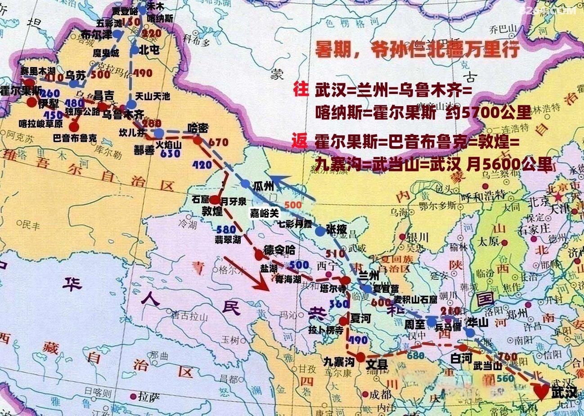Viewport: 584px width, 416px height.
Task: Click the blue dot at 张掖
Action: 319,231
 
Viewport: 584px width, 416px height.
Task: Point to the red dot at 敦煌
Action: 215,200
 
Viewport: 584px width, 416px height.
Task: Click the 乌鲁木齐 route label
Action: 123,114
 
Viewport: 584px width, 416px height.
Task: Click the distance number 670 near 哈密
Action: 219,143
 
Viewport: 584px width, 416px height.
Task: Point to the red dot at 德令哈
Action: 259,255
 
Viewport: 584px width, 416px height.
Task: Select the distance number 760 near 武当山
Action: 507,357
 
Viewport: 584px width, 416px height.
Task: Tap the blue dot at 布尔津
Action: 118,34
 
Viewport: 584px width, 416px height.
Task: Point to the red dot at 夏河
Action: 343,321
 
